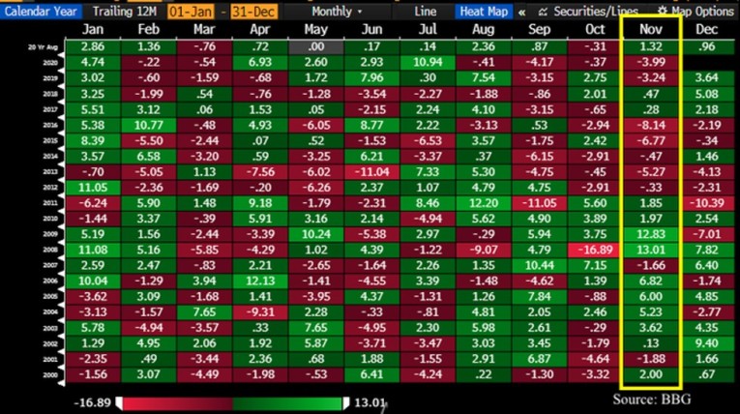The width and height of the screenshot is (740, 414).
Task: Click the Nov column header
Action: (649, 30)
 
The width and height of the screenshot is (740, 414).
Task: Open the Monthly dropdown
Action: (332, 12)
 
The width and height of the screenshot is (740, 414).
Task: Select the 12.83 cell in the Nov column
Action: (649, 232)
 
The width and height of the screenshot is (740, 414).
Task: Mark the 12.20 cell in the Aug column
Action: (483, 202)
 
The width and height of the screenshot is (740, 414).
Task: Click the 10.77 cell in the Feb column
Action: (148, 125)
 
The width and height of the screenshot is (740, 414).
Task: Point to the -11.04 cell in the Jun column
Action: (371, 171)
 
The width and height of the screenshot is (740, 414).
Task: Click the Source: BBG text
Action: (661, 399)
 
